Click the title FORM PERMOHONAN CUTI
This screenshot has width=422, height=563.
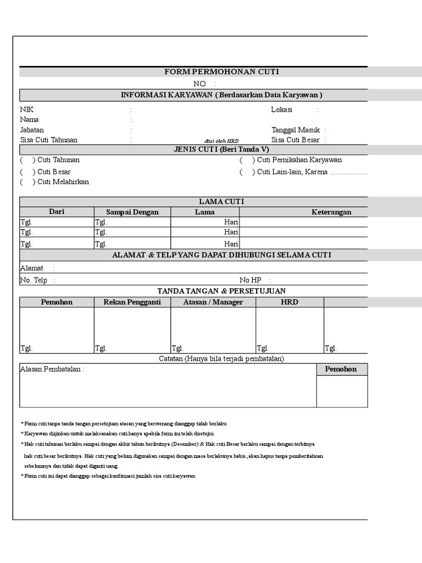tap(221, 72)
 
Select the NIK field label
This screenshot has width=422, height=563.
tap(27, 109)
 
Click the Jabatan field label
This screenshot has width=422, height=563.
tap(32, 130)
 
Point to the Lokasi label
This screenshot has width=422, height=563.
tap(281, 109)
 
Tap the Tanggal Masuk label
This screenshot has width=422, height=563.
tap(296, 130)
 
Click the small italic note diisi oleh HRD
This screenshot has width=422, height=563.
tap(221, 141)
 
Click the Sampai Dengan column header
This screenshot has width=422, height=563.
tap(132, 212)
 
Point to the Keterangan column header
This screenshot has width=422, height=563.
tap(331, 212)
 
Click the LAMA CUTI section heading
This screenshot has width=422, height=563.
tap(221, 202)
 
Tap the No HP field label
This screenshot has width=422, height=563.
tap(250, 280)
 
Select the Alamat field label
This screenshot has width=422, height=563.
tap(31, 268)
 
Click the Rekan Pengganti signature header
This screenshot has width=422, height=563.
tap(132, 302)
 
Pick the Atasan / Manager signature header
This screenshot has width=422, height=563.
tap(213, 302)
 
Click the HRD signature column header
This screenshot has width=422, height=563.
tap(290, 302)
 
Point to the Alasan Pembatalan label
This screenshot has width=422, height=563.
tap(52, 369)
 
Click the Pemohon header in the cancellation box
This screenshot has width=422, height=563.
tap(341, 369)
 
